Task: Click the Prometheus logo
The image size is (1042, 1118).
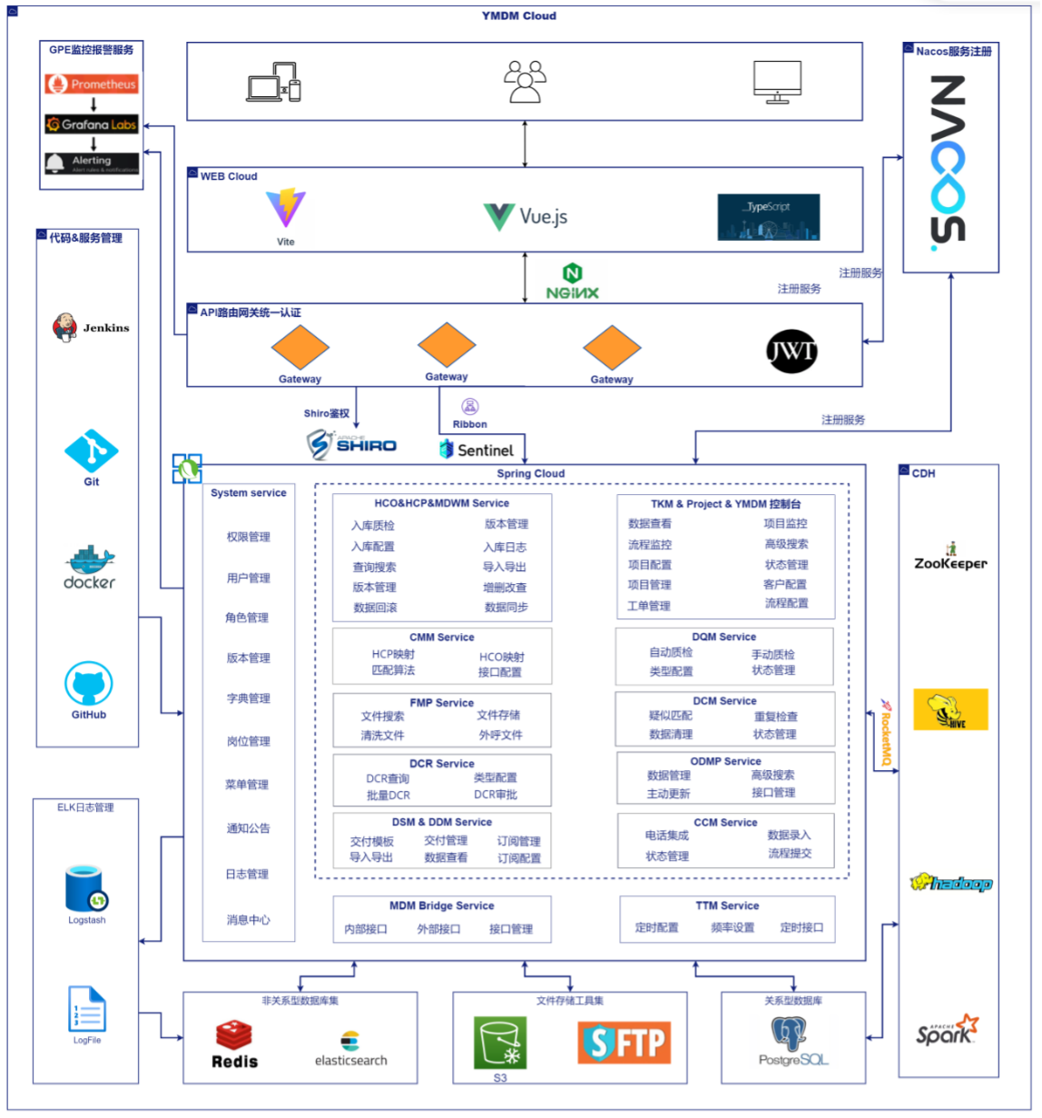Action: pos(93,84)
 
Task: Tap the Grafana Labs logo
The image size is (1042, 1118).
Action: pos(93,124)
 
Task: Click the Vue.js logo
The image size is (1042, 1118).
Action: pos(526,216)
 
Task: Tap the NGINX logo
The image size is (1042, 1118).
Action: pos(572,282)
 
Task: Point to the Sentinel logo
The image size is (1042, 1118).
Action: pos(477,449)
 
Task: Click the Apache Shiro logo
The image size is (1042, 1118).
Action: pos(351,443)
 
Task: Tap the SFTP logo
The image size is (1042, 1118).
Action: pos(624,1042)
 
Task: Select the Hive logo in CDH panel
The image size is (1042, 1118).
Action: pos(949,709)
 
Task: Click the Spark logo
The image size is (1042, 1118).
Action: pos(949,1031)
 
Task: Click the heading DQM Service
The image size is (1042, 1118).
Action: pos(723,637)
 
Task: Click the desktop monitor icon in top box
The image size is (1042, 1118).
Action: pos(777,83)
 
